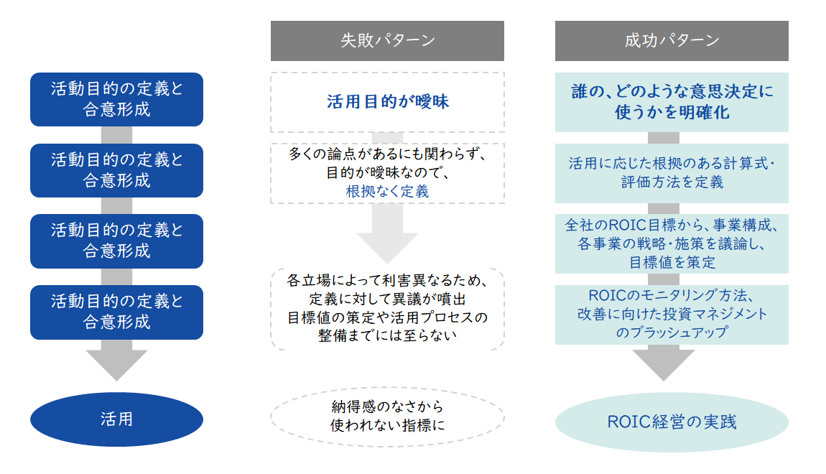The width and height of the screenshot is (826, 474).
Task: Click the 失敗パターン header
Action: point(387,40)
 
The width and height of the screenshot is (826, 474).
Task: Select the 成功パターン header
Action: point(672,40)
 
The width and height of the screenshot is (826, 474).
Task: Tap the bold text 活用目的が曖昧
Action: point(387,102)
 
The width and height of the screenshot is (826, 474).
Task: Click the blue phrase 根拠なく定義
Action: point(387,192)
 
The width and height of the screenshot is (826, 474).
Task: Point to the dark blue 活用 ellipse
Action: point(116,419)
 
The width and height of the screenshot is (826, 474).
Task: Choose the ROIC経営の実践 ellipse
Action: point(672,422)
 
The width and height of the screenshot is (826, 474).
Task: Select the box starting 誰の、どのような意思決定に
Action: point(672,102)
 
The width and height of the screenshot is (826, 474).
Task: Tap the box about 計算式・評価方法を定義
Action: point(672,173)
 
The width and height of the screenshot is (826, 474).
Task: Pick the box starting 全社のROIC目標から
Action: point(672,243)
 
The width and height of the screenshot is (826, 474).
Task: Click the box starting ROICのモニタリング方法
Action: point(672,314)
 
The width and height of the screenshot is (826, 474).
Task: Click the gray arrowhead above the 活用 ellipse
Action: point(116,365)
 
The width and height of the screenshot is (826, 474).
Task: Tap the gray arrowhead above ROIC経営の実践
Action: point(672,365)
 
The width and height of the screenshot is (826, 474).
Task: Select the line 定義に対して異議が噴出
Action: point(387,298)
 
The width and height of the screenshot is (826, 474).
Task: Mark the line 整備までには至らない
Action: point(387,335)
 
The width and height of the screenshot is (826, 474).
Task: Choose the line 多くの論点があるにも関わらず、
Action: point(387,154)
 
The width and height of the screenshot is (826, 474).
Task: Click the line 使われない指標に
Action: point(387,424)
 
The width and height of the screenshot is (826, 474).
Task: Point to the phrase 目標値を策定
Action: point(672,262)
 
